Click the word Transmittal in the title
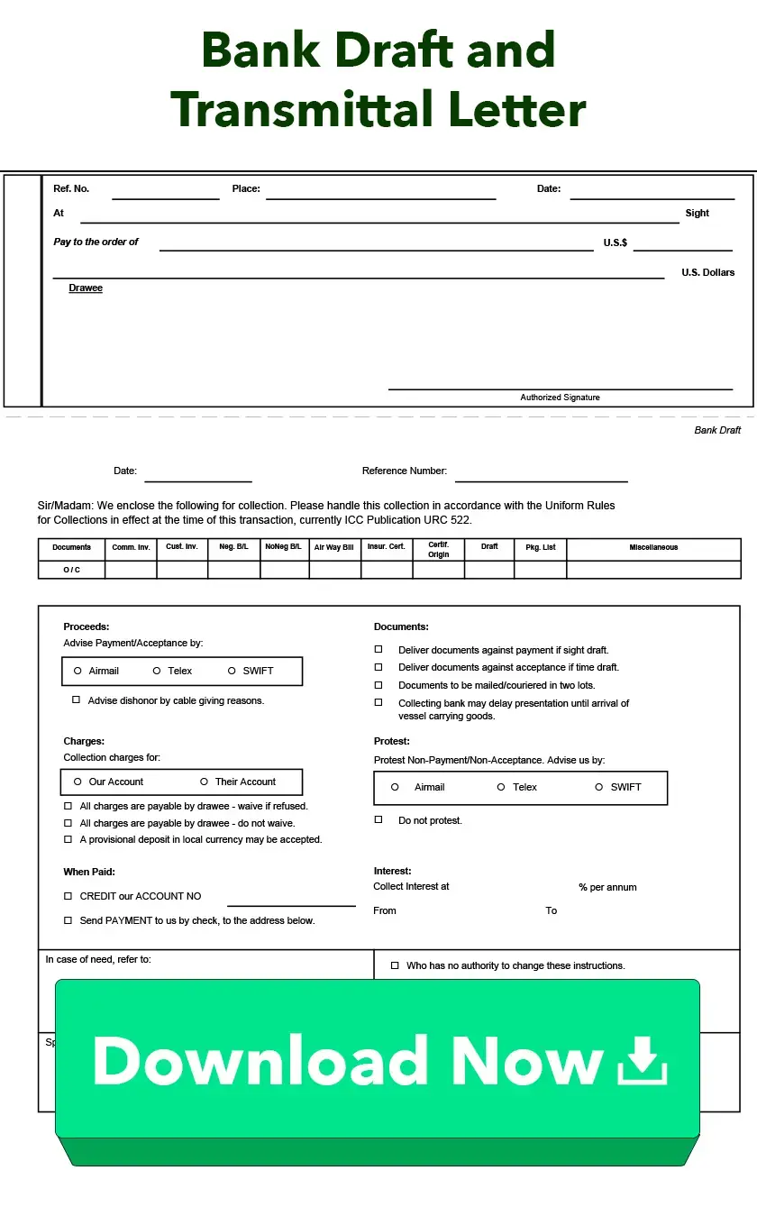(x=302, y=110)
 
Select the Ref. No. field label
(x=71, y=189)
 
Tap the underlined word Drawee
(x=86, y=288)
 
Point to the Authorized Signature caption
(x=560, y=398)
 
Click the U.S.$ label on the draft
(x=616, y=243)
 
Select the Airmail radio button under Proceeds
(x=78, y=671)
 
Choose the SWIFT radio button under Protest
(x=599, y=787)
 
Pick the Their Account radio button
(x=205, y=782)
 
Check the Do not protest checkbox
(x=378, y=819)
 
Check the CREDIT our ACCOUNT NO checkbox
(x=68, y=896)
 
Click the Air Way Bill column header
(x=333, y=547)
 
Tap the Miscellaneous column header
(x=653, y=547)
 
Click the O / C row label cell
(x=71, y=570)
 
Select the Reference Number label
(x=404, y=471)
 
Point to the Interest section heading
(x=392, y=871)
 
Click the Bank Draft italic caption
(x=717, y=430)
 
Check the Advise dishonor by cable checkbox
(x=77, y=700)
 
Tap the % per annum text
(x=607, y=888)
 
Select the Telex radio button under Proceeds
(x=157, y=671)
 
